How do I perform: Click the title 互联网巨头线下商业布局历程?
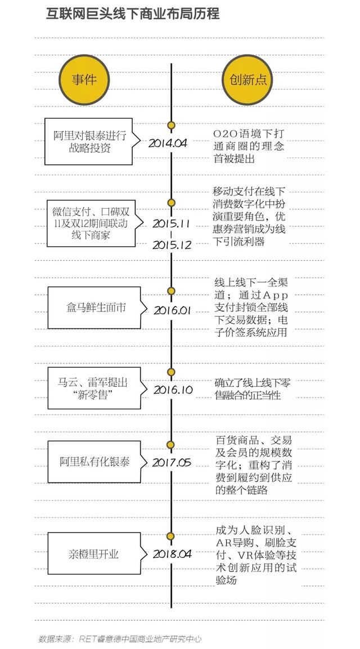coord(132,14)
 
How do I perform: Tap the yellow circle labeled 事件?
coord(84,79)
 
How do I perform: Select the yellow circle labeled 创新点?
coord(248,79)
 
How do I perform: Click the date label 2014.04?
coord(168,143)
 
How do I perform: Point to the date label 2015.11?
coord(171,223)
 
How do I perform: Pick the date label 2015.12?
coord(172,245)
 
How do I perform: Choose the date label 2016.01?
coord(172,310)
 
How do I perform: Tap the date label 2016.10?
coord(173,390)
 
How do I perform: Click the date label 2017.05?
coord(172,462)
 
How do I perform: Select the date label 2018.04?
coord(172,553)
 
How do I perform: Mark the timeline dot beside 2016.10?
coord(171,372)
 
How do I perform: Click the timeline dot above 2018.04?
coord(171,537)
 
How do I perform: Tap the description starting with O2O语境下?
coord(249,146)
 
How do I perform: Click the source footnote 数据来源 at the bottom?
coord(120,639)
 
